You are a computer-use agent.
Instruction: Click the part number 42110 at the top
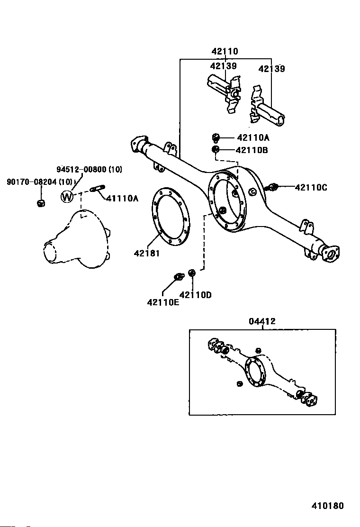click(x=225, y=51)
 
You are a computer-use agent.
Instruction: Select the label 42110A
click(x=253, y=137)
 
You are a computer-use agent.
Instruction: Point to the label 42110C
click(x=311, y=187)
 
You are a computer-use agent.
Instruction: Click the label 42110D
click(x=196, y=295)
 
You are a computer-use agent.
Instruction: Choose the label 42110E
click(x=163, y=302)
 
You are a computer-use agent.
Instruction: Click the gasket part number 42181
click(x=147, y=253)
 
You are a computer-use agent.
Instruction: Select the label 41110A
click(x=122, y=198)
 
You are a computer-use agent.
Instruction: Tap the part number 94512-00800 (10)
click(x=90, y=169)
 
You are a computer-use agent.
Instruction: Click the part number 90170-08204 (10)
click(x=40, y=182)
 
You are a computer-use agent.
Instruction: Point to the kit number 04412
click(x=262, y=321)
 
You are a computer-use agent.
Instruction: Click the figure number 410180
click(x=328, y=506)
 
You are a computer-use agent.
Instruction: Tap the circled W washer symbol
click(x=67, y=196)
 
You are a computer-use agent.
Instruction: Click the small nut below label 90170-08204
click(x=41, y=203)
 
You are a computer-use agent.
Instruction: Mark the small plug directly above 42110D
click(x=192, y=273)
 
